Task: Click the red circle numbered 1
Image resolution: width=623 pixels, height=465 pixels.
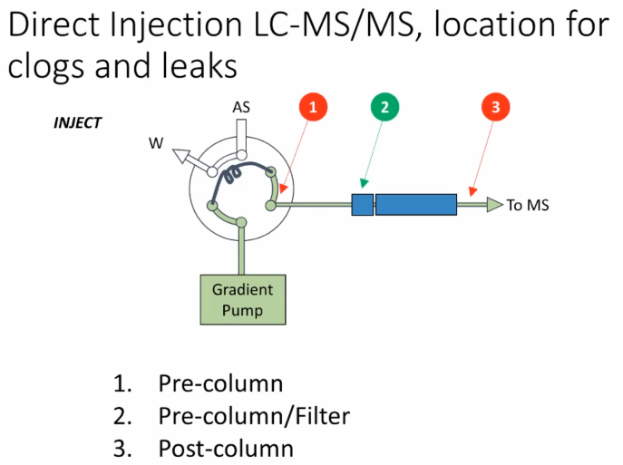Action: [x=312, y=108]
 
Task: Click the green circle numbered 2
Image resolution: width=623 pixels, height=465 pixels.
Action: [x=385, y=108]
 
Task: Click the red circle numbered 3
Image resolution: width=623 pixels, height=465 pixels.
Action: [x=494, y=108]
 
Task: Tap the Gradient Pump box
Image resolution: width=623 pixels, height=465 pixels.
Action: [x=242, y=299]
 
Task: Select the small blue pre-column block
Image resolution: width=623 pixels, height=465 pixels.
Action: [x=363, y=205]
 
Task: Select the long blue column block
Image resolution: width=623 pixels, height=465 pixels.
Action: [x=415, y=205]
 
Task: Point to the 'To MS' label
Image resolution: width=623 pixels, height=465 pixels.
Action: [x=528, y=206]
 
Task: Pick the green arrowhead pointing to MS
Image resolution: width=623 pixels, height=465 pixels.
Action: [x=493, y=205]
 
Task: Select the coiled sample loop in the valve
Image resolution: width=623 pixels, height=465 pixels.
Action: [x=234, y=173]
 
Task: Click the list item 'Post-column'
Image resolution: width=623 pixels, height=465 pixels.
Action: [x=226, y=449]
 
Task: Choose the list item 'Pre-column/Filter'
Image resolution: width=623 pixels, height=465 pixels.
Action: [x=254, y=416]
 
